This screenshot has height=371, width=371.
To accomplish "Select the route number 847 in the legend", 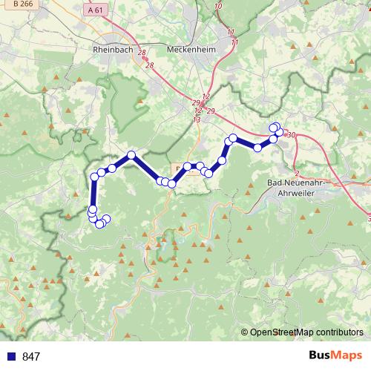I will click(x=31, y=357).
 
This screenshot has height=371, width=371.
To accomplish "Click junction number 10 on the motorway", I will click(x=217, y=7).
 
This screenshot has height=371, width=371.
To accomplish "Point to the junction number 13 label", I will click(x=197, y=119).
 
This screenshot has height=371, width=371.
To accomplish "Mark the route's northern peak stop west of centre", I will click(x=131, y=155).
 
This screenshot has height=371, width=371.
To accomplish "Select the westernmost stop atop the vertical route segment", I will click(x=94, y=177).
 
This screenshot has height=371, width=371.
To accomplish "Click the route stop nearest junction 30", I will click(x=279, y=133).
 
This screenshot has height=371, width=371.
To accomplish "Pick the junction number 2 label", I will click(x=296, y=173).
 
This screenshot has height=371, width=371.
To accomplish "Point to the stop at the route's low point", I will click(x=171, y=183).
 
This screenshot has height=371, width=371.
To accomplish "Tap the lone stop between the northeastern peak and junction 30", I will click(x=257, y=148).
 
